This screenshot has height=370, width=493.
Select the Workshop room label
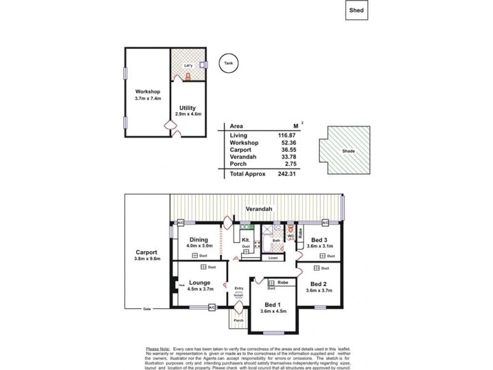[x=148, y=92]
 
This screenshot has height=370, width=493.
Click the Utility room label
[x=187, y=108]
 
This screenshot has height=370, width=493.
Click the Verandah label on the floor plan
[x=258, y=208]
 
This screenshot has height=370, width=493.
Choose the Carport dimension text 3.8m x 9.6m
[x=147, y=260]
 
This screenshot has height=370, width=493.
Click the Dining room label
[x=198, y=240]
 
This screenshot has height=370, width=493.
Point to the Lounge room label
[x=200, y=282]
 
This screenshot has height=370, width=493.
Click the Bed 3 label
[x=319, y=240]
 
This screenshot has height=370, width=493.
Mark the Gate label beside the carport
[x=147, y=309]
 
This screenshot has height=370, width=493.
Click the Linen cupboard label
[x=272, y=258]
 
